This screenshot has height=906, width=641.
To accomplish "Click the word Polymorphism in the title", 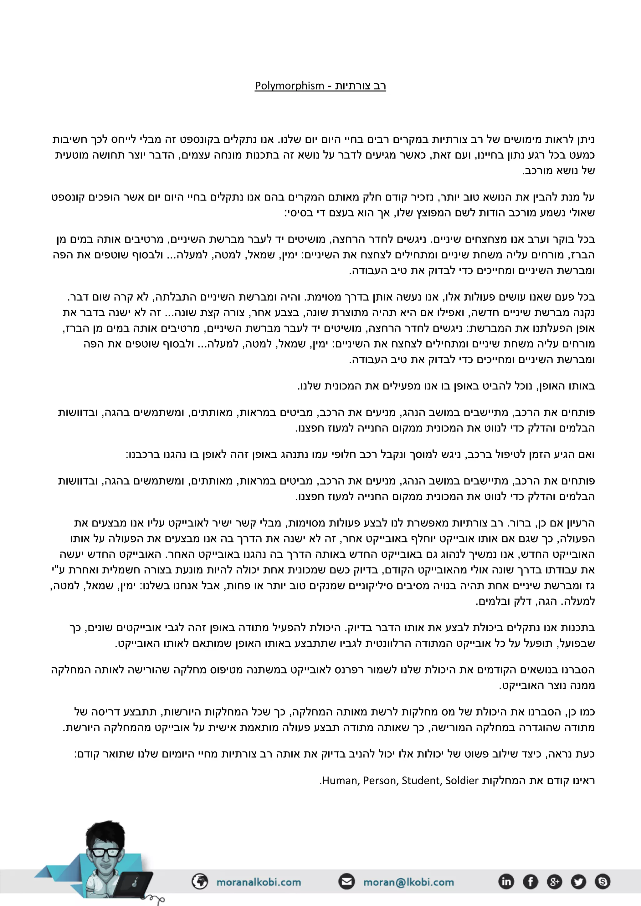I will click(x=289, y=86).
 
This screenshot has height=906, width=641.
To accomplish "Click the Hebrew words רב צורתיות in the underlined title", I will click(x=360, y=86).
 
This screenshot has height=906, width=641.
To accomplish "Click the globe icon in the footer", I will click(x=200, y=881).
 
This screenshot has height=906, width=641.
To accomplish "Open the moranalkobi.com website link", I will click(x=259, y=882).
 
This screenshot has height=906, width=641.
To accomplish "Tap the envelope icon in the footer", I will click(x=347, y=881).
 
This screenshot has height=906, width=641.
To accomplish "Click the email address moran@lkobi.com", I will click(x=408, y=882).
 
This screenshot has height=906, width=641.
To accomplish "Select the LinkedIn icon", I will click(x=506, y=881).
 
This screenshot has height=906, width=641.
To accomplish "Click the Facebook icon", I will click(x=530, y=881).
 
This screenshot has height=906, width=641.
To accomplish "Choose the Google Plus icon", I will click(x=554, y=881).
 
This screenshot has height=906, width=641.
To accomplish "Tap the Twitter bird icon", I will click(x=578, y=881).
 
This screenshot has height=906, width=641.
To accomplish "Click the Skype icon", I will click(x=602, y=881).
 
